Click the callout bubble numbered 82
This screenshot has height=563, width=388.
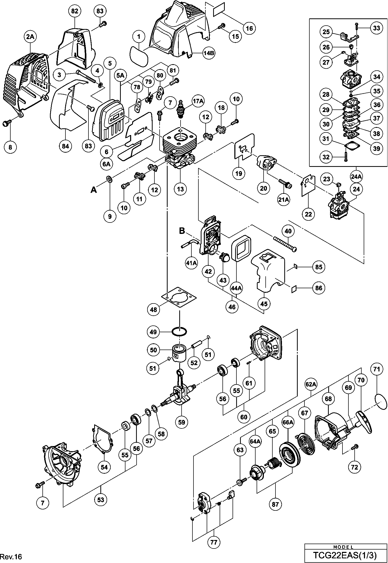click(x=74, y=11)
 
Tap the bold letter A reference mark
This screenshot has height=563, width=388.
click(x=94, y=190)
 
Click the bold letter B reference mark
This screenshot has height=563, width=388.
click(x=182, y=230)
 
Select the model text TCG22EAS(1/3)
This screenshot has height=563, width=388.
click(x=345, y=555)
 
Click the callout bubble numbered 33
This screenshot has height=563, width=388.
click(x=377, y=27)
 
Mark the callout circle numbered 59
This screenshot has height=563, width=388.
click(x=182, y=422)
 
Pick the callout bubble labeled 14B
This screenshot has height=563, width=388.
click(x=208, y=53)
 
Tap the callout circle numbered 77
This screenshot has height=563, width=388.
click(x=214, y=540)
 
